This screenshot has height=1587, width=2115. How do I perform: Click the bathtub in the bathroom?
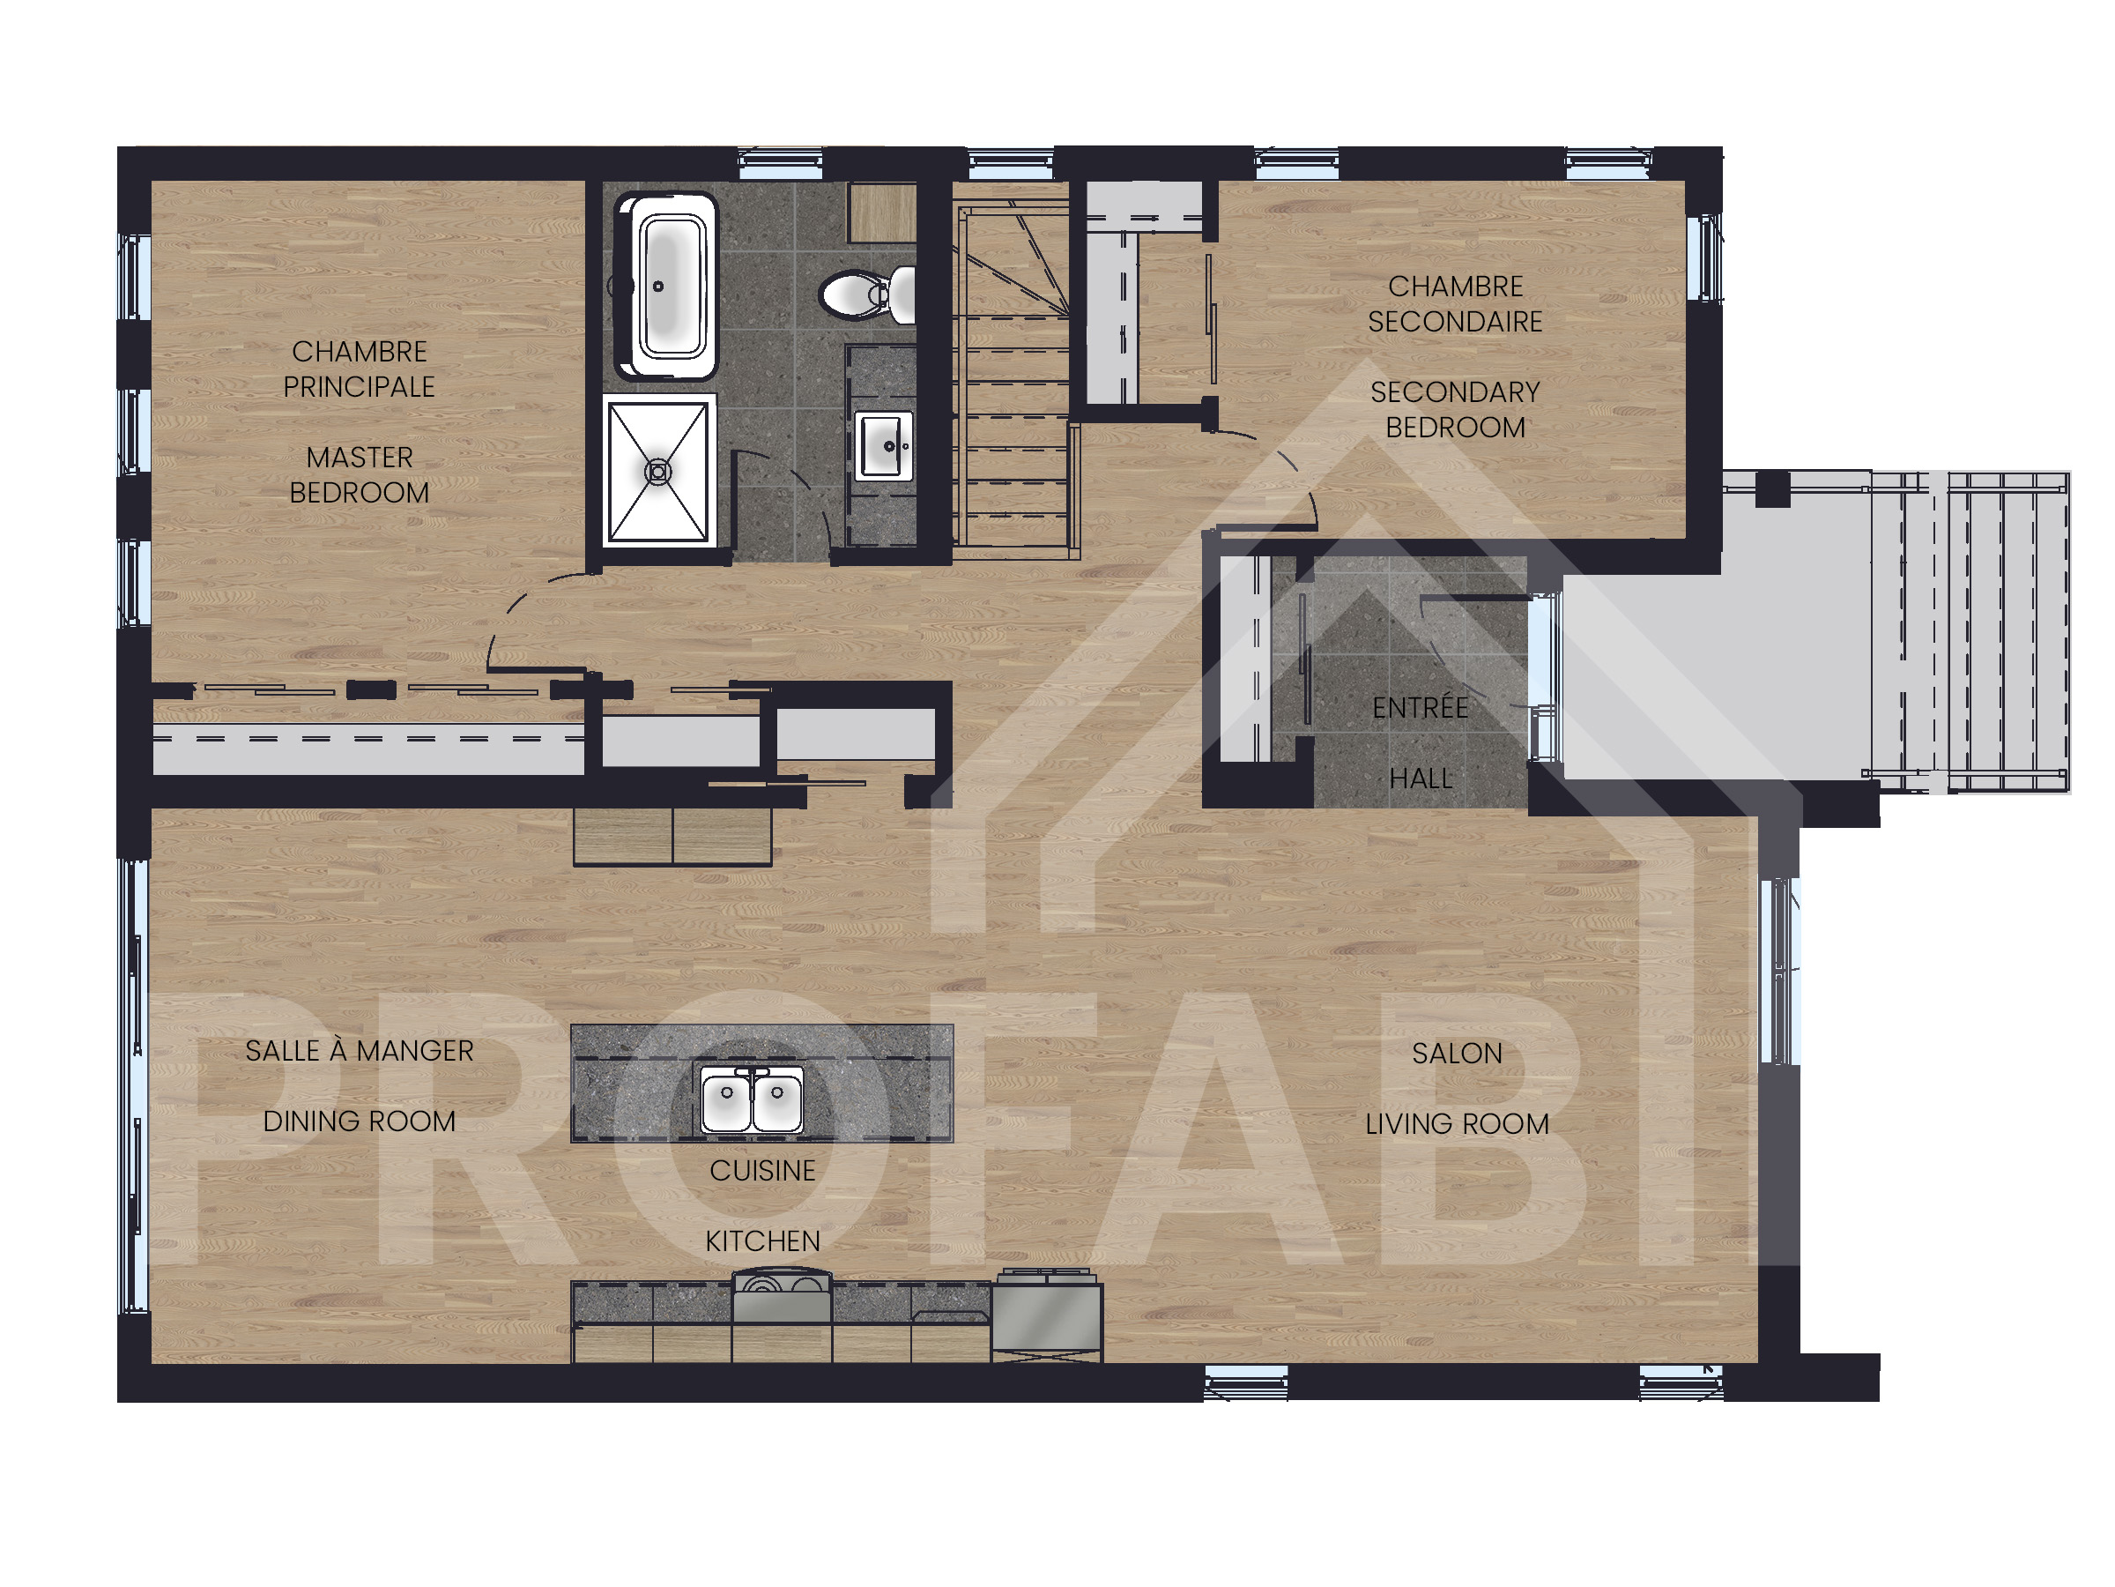click(666, 286)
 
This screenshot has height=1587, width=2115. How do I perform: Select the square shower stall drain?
click(657, 471)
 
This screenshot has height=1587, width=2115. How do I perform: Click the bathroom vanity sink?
click(882, 445)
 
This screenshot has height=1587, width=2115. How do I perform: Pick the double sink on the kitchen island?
click(753, 1099)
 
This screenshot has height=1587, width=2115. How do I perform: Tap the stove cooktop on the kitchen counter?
click(783, 1295)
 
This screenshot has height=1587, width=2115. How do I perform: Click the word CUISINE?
click(762, 1170)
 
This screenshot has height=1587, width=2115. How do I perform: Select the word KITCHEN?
click(762, 1241)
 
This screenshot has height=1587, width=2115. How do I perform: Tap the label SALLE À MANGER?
click(359, 1050)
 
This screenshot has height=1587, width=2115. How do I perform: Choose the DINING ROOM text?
click(359, 1121)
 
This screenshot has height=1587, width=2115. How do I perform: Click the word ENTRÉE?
click(1420, 707)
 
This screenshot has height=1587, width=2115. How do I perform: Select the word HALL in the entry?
click(1421, 779)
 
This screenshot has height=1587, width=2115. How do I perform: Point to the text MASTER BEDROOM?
click(359, 474)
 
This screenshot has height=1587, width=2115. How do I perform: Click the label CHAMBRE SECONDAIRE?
click(1454, 304)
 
